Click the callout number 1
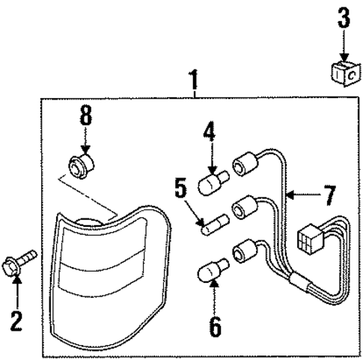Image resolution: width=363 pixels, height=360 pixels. click(195, 79)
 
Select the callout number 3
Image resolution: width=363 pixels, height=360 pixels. click(343, 19)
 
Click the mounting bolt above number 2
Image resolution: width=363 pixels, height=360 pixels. click(24, 263)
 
